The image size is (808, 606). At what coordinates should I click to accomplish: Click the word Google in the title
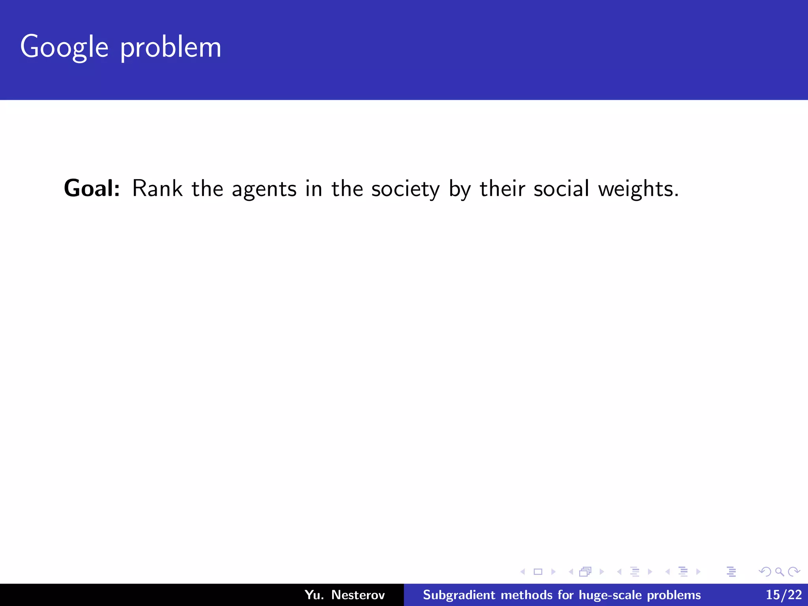click(64, 47)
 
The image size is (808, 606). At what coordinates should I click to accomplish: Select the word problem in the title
click(170, 48)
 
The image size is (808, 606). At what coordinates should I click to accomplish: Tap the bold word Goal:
click(92, 188)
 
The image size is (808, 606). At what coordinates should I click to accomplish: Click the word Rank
click(157, 188)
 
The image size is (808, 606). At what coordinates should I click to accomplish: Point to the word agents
click(264, 189)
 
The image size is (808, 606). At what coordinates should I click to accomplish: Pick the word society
click(405, 189)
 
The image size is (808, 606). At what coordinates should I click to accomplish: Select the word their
click(502, 188)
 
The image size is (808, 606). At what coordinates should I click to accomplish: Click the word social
click(561, 188)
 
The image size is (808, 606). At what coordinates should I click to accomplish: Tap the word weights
click(638, 189)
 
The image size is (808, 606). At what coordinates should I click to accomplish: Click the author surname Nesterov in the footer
click(358, 595)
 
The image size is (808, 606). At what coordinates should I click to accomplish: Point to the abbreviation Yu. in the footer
click(314, 595)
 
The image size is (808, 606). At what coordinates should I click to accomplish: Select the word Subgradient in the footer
click(459, 595)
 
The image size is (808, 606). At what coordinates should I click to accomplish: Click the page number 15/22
click(784, 595)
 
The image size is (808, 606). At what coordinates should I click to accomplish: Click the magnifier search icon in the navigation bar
click(779, 572)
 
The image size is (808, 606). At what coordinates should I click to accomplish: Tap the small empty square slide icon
click(538, 572)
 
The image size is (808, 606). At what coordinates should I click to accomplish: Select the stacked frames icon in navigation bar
click(585, 572)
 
